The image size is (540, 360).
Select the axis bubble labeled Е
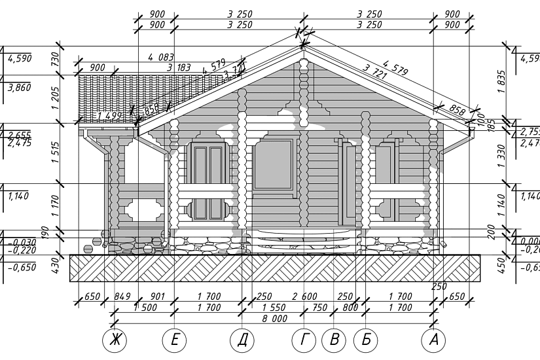click(x=174, y=340)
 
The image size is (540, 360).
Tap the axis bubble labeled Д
click(x=242, y=340)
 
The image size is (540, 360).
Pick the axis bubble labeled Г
click(x=304, y=340)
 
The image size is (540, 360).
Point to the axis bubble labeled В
click(x=334, y=340)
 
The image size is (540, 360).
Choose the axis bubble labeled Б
click(x=366, y=340)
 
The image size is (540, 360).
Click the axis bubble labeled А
click(x=433, y=340)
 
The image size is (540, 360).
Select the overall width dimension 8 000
click(x=274, y=318)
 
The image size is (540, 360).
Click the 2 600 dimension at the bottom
click(x=304, y=297)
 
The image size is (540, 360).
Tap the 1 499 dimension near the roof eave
click(x=109, y=115)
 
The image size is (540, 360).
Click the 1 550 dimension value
click(x=274, y=307)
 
